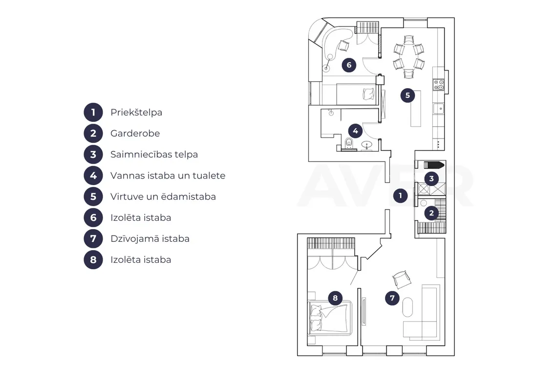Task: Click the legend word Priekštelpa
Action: point(136,113)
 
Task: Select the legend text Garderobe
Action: point(135,134)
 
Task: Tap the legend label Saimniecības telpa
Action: point(154,155)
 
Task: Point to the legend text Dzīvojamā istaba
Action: point(150,238)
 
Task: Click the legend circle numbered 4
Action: point(93,176)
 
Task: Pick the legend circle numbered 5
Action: point(93,196)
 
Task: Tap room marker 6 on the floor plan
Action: point(349,65)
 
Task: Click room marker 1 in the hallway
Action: point(400,195)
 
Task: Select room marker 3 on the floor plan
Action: point(431,179)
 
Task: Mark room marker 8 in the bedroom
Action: point(335,298)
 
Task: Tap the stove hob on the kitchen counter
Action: point(439,85)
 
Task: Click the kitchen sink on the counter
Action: point(439,109)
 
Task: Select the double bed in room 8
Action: point(330,318)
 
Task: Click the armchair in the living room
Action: point(402,279)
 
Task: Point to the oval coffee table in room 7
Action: point(408,307)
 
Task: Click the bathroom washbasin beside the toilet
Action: point(366,145)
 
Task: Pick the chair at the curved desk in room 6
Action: point(343,46)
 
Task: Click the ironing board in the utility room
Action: point(434,165)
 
